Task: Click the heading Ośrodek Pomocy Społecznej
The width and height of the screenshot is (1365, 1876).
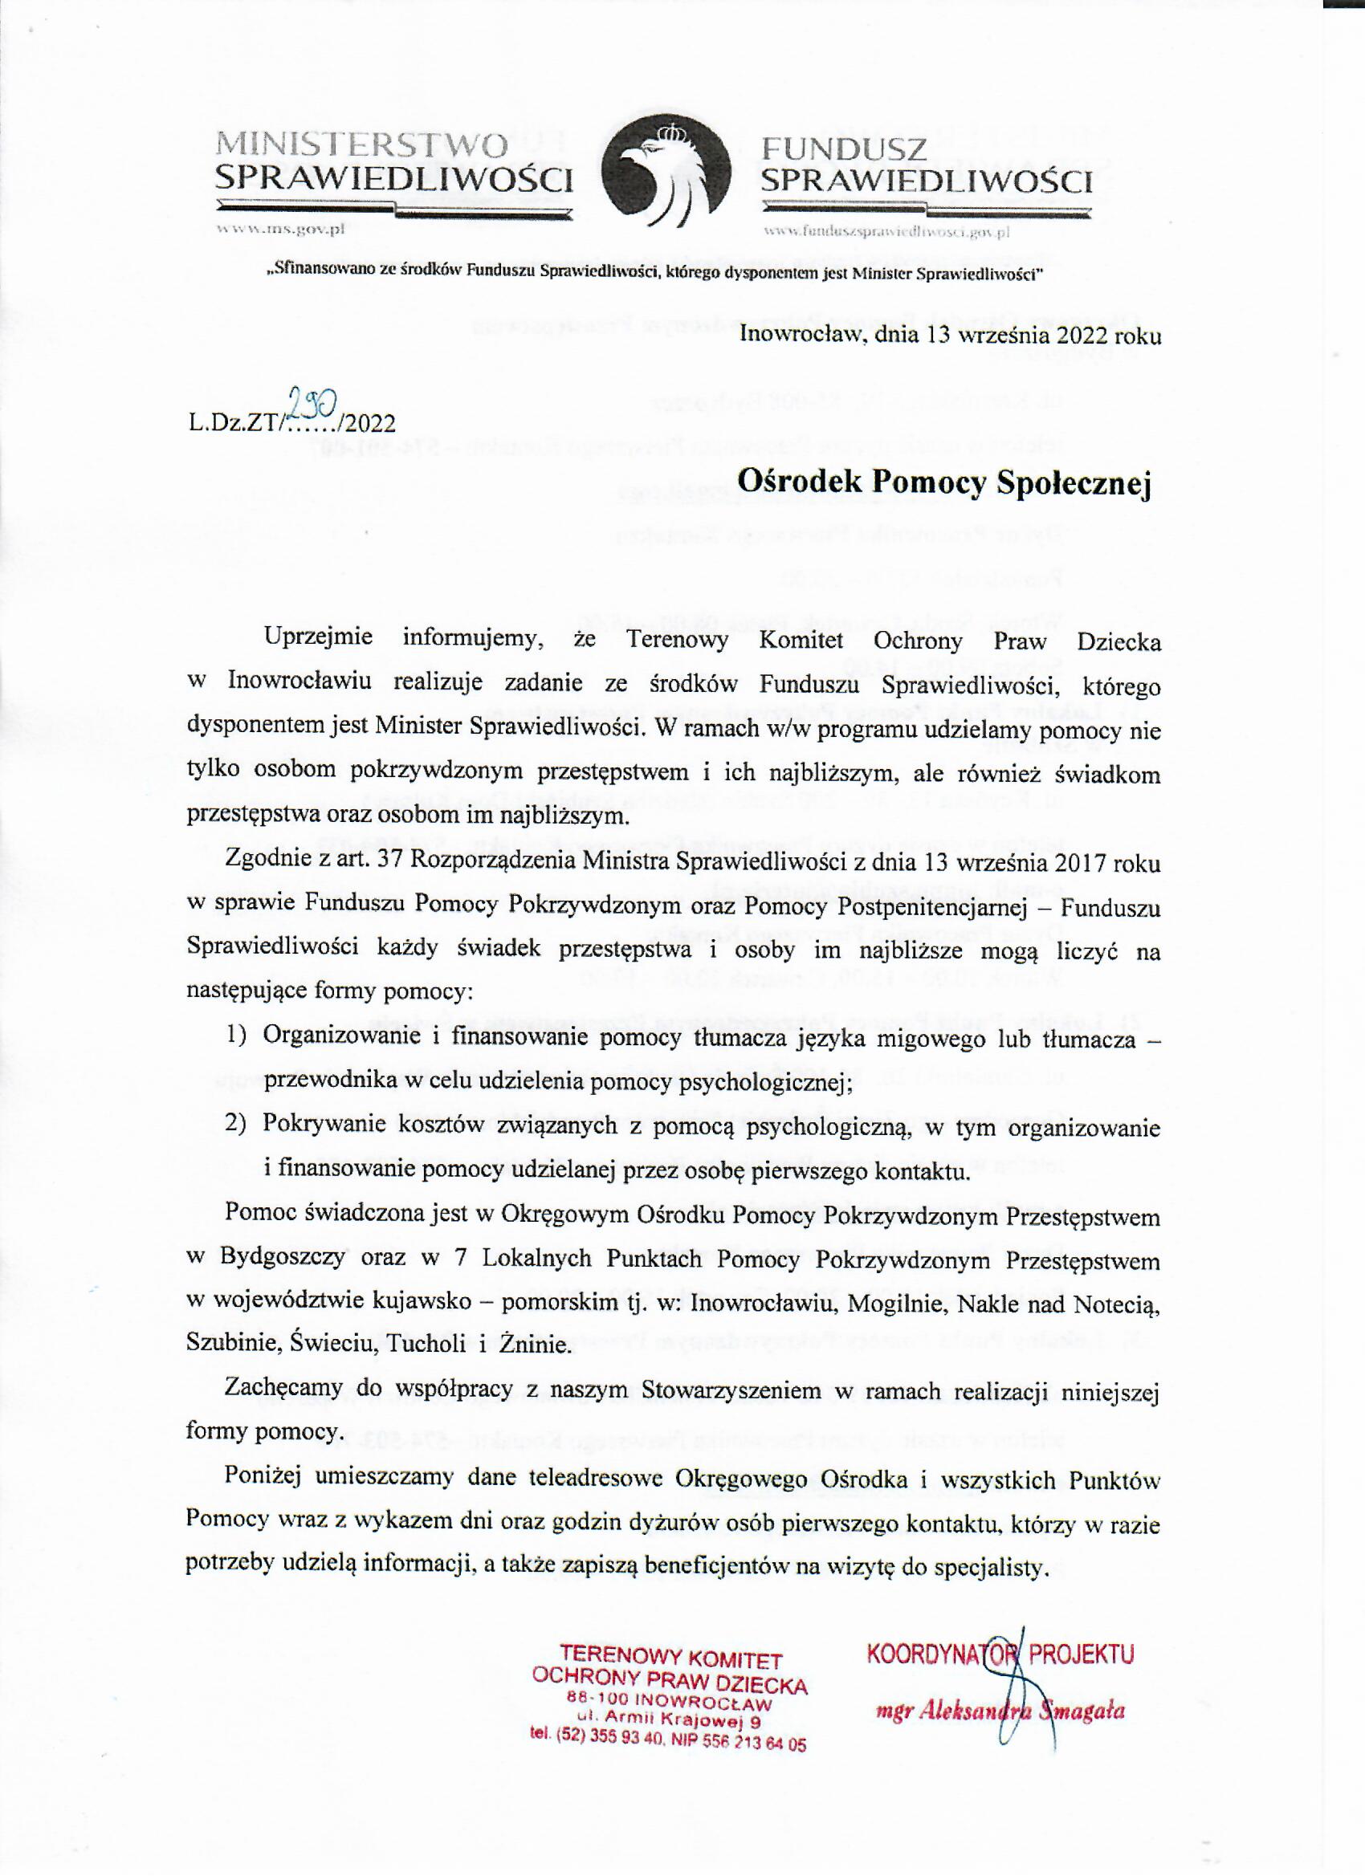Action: pyautogui.click(x=944, y=484)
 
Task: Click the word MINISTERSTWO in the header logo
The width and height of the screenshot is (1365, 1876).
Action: pyautogui.click(x=361, y=146)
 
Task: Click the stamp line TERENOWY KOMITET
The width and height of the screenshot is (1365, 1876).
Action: pyautogui.click(x=671, y=1657)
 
